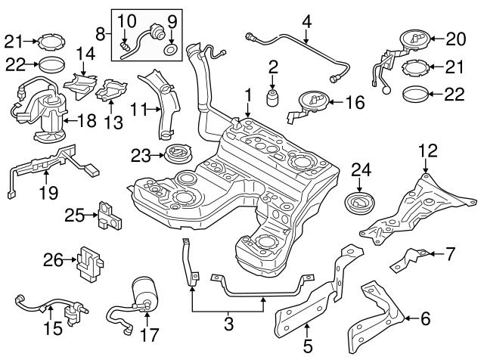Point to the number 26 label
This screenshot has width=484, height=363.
(53, 261)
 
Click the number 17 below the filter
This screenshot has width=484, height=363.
(150, 334)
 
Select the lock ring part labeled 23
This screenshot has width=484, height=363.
(179, 154)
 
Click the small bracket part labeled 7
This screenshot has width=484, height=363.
(411, 260)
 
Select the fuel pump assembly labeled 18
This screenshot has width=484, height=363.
(45, 113)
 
